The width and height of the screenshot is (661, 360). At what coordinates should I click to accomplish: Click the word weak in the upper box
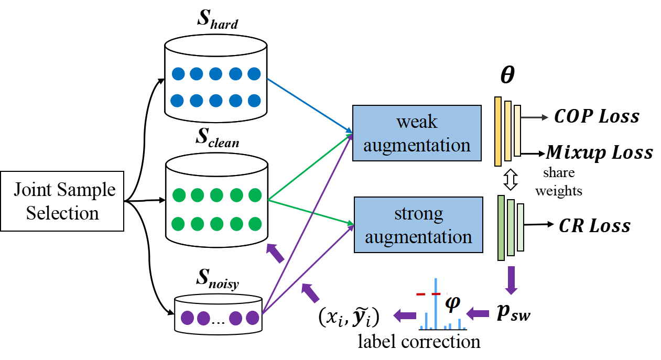point(417,122)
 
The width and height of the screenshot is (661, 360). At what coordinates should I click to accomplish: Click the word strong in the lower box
point(418,213)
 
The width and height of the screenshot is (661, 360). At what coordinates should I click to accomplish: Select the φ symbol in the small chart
point(452,303)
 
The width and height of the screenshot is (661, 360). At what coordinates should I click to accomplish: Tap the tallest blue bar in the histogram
point(436,304)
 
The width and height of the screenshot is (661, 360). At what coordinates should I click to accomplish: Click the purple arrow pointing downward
point(511,280)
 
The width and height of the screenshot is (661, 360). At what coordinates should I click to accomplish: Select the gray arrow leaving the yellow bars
point(534,118)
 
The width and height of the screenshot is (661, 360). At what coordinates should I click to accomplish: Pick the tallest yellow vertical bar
point(498,131)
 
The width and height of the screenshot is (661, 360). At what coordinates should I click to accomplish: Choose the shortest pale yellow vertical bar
point(517,130)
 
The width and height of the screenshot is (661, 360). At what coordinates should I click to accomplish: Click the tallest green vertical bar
point(501,227)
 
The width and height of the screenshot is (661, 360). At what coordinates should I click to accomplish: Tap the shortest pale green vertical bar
point(521,227)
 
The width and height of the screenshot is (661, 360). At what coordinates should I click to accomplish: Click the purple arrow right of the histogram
point(478,314)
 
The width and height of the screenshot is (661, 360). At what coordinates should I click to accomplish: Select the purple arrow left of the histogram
point(404,315)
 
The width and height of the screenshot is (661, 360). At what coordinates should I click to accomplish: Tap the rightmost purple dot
point(253,318)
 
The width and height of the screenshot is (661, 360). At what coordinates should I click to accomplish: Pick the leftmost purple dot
point(187,318)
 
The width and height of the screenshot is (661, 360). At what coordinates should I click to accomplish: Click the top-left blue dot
point(178,74)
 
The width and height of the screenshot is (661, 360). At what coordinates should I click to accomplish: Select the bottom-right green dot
point(255,224)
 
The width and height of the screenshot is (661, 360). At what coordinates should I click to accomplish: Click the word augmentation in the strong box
point(418,237)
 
